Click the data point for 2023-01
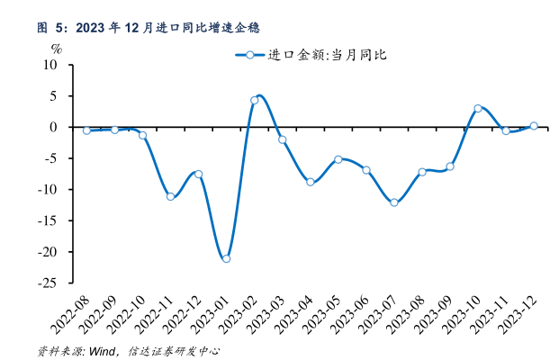point(226,259)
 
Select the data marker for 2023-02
point(254,101)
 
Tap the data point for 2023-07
point(394,202)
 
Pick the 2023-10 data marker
point(478,108)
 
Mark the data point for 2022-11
point(170,196)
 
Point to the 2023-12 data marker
point(534,126)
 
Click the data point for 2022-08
point(86,130)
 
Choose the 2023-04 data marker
point(311,182)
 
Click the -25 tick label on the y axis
point(47,283)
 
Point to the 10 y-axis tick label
point(50,65)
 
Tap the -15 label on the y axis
point(47,220)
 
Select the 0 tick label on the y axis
point(53,127)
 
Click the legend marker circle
point(250,55)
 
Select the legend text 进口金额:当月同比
point(328,55)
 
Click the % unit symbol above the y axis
point(57,49)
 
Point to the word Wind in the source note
point(102,351)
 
